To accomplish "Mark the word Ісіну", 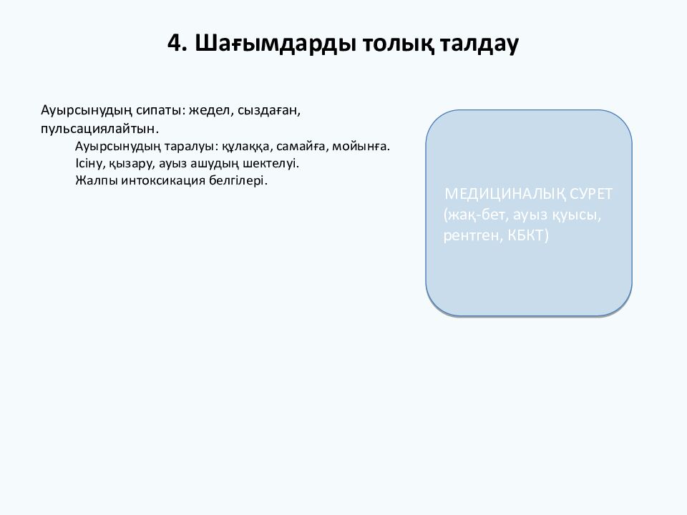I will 89,163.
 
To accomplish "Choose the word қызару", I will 132,163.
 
